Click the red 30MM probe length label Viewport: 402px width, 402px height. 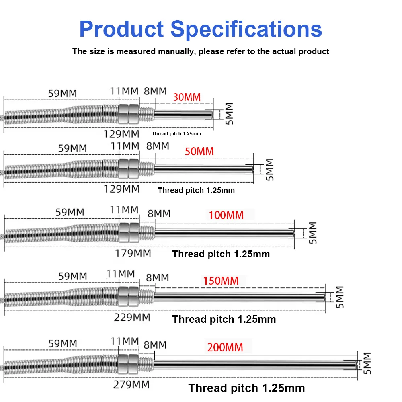click(187, 97)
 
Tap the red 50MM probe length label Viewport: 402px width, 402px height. click(199, 152)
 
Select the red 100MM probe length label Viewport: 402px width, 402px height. click(226, 215)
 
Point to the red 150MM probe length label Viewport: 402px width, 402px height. click(221, 281)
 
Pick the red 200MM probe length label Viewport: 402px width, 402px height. click(225, 347)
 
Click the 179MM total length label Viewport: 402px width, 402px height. click(133, 253)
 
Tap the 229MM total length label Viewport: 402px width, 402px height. click(133, 318)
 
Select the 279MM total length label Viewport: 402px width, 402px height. click(132, 384)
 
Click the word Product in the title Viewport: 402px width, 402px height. click(121, 29)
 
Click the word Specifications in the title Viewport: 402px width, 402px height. click(246, 29)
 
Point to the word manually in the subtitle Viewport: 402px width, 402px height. click(176, 51)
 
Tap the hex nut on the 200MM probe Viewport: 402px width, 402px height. click(129, 364)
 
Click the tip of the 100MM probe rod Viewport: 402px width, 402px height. click(293, 233)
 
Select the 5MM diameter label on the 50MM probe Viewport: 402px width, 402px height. click(269, 169)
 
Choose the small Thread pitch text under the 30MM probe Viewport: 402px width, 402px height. click(176, 134)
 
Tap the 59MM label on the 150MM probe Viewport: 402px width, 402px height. click(73, 277)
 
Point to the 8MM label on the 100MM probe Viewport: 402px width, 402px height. click(159, 213)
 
